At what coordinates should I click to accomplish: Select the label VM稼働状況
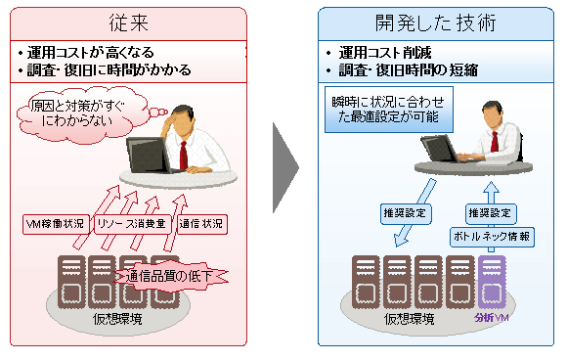(56, 224)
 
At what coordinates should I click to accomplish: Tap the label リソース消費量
(132, 224)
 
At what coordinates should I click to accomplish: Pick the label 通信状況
(200, 224)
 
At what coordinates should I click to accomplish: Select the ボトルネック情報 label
(492, 237)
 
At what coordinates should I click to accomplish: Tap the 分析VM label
(491, 318)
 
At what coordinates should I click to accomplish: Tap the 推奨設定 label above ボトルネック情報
(490, 211)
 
